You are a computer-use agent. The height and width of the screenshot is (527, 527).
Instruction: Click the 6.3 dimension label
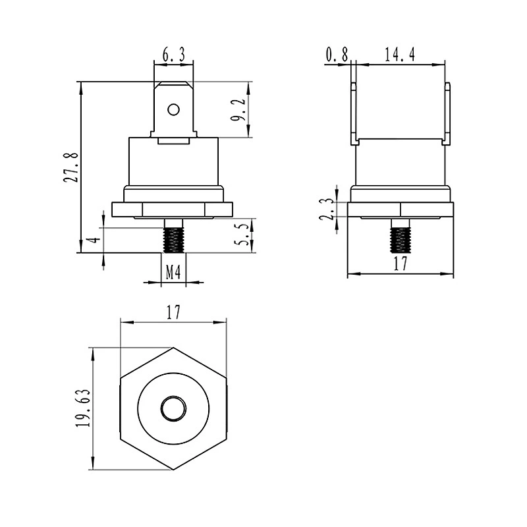[x=174, y=55]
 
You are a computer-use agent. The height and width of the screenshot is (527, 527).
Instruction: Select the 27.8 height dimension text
[x=71, y=168]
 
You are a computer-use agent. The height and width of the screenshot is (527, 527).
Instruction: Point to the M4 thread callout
[x=173, y=272]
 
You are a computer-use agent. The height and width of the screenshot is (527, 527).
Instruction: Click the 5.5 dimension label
[x=244, y=235]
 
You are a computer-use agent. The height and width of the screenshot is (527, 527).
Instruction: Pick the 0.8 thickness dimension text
[x=337, y=55]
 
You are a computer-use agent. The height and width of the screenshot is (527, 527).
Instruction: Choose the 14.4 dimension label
[x=400, y=55]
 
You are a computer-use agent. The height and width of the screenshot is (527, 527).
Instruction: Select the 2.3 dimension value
[x=326, y=209]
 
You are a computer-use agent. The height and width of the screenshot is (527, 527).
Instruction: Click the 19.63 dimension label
[x=83, y=408]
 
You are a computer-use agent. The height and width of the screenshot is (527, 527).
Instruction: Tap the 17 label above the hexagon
[x=173, y=312]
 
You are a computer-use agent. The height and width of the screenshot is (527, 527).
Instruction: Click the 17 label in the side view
[x=401, y=263]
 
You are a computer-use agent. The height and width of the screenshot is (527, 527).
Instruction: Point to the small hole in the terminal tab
[x=174, y=109]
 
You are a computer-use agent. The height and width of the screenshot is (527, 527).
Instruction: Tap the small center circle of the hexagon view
[x=173, y=408]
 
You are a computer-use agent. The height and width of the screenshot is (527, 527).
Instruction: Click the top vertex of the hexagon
[x=173, y=348]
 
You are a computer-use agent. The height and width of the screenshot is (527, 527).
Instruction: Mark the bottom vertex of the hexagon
[x=173, y=470]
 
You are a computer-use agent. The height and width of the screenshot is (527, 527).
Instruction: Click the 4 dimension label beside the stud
[x=96, y=240]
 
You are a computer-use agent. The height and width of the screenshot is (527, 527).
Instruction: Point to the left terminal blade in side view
[x=354, y=114]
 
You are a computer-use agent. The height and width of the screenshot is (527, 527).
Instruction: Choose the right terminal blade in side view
[x=447, y=114]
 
